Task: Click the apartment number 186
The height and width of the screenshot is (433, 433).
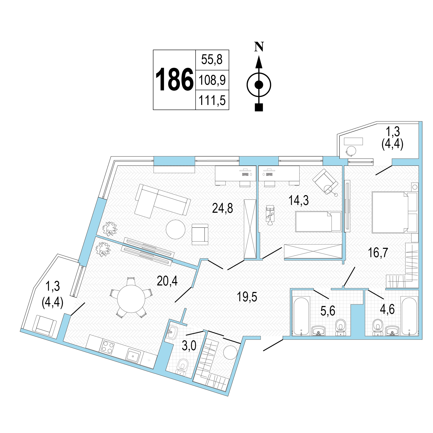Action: pos(174,79)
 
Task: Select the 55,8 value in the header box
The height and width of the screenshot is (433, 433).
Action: pos(212,60)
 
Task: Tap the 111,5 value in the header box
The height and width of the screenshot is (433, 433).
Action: pos(212,100)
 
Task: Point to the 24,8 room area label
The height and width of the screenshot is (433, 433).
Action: pos(222,208)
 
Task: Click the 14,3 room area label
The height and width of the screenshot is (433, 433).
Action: pos(299,200)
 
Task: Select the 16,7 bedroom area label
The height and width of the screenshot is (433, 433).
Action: pos(378,252)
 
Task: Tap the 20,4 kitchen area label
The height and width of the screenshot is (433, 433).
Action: pos(167,281)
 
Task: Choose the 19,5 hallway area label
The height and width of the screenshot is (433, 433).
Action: pos(247,297)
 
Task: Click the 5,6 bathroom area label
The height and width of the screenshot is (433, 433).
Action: pos(328,311)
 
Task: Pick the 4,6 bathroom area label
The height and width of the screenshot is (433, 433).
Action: pos(387,309)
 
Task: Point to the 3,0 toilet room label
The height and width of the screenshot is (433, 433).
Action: pos(189,346)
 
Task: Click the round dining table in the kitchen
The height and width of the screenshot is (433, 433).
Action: pos(131,299)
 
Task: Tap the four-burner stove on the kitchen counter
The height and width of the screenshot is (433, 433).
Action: pos(108,347)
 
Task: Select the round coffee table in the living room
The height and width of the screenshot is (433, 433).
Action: pos(176,229)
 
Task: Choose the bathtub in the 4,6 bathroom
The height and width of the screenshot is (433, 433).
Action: pos(409,316)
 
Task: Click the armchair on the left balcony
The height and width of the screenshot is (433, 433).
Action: pos(45,326)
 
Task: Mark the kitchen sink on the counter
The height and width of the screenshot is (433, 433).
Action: pos(134,355)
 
